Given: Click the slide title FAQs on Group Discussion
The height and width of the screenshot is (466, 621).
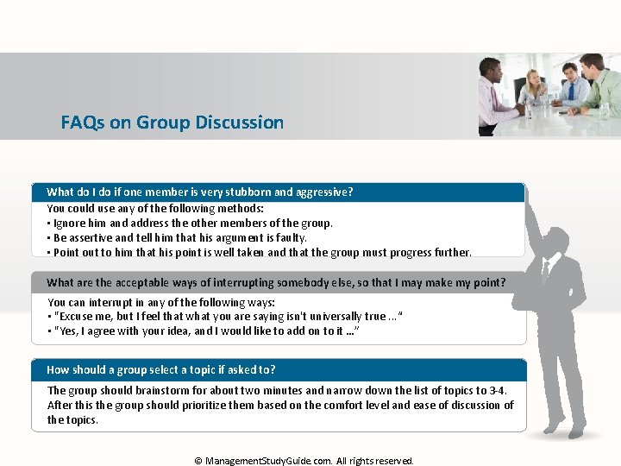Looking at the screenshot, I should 172,123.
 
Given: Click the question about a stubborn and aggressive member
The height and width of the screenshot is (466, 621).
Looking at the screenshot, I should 199,192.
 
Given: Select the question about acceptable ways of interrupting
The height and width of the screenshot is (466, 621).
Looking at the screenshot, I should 276,282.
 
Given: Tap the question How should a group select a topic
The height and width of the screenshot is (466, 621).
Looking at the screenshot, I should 161,369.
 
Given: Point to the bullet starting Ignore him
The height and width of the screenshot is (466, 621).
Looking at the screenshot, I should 190,223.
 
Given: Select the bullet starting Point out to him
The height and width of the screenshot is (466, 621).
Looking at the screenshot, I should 259,253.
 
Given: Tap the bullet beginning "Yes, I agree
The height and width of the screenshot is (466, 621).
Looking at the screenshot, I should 204,331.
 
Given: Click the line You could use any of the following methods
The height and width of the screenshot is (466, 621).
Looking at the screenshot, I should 155,208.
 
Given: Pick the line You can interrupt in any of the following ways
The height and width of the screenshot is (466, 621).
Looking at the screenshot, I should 161,302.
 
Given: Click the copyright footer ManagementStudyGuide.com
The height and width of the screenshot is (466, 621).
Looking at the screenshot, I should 304,461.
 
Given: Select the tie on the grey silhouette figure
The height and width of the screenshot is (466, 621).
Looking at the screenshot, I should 546,274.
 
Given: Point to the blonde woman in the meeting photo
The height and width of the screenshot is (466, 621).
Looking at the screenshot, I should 532,91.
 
